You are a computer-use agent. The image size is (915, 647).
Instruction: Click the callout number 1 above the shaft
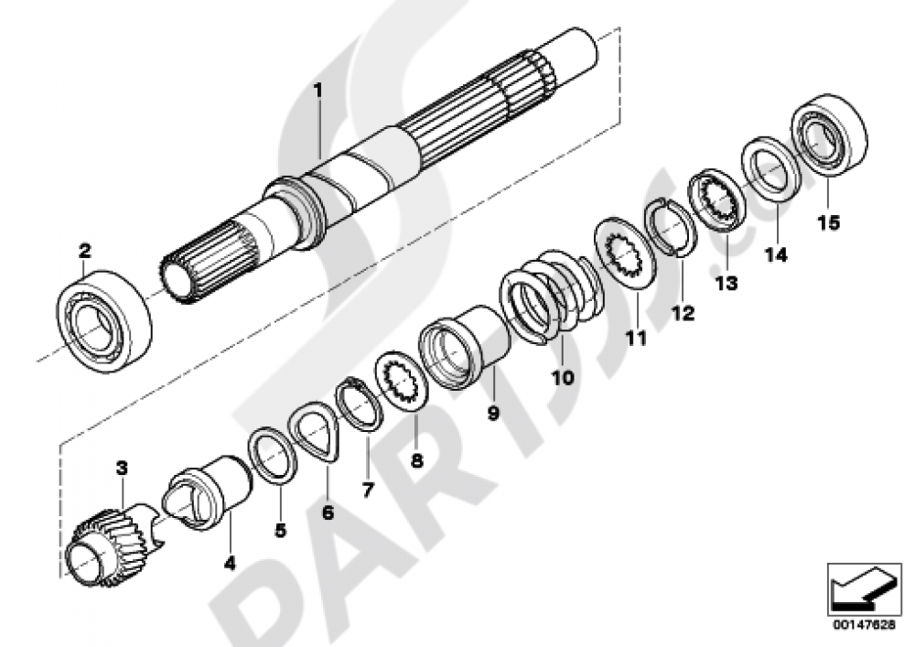[318, 91]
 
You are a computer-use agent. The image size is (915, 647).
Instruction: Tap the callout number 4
[229, 565]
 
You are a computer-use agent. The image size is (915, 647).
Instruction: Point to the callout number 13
[726, 284]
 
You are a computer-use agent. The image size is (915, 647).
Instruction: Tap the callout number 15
[827, 222]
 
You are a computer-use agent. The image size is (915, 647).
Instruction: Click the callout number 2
[84, 249]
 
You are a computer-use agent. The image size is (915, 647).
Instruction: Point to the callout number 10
[562, 376]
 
